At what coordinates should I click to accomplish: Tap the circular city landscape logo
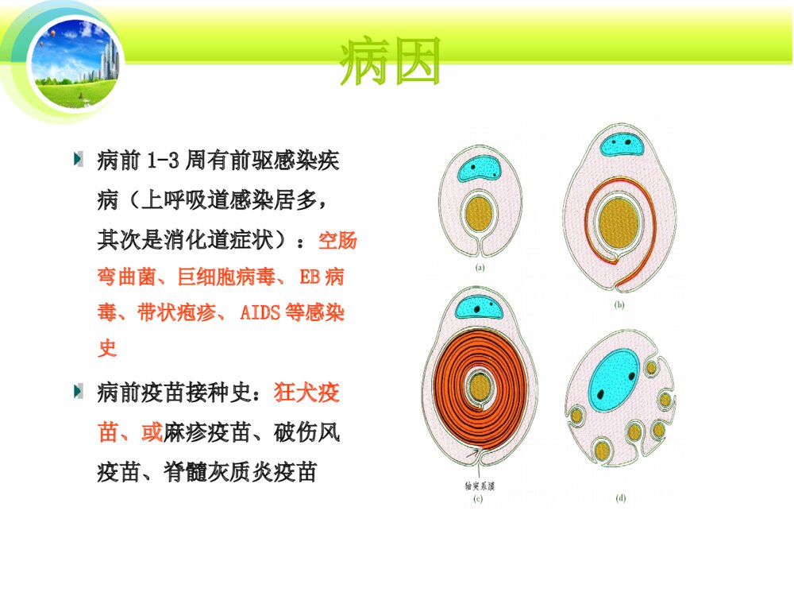coord(76,51)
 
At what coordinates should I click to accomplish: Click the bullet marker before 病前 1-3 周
coord(78,159)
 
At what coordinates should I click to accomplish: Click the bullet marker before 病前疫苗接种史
coord(78,390)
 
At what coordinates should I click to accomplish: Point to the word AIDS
coord(260,312)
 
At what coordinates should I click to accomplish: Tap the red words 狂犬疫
coord(307,392)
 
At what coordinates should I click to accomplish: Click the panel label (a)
coord(480,269)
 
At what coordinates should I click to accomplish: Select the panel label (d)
coord(621,498)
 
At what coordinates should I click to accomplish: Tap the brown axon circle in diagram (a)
coord(479,213)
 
